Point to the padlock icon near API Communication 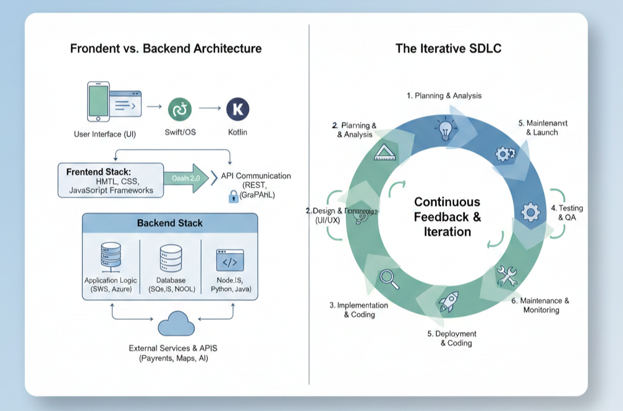click(234, 196)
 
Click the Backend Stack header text click(169, 223)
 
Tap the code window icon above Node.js click(229, 260)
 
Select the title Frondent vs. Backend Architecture click(166, 48)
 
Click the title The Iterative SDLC click(447, 48)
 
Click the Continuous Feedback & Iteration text click(447, 217)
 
